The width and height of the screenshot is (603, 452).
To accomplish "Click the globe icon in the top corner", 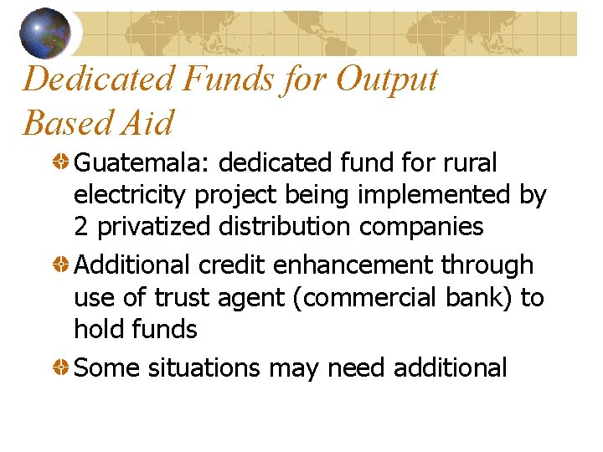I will [46, 33].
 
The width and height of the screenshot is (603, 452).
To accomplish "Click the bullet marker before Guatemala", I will [62, 162].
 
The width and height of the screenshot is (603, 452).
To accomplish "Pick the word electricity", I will [131, 195].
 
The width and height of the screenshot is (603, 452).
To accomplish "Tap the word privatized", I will [153, 227].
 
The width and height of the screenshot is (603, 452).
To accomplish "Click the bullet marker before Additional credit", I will [62, 265].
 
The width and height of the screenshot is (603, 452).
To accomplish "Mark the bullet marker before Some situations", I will [62, 368].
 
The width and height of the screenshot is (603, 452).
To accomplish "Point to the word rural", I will [472, 162].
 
